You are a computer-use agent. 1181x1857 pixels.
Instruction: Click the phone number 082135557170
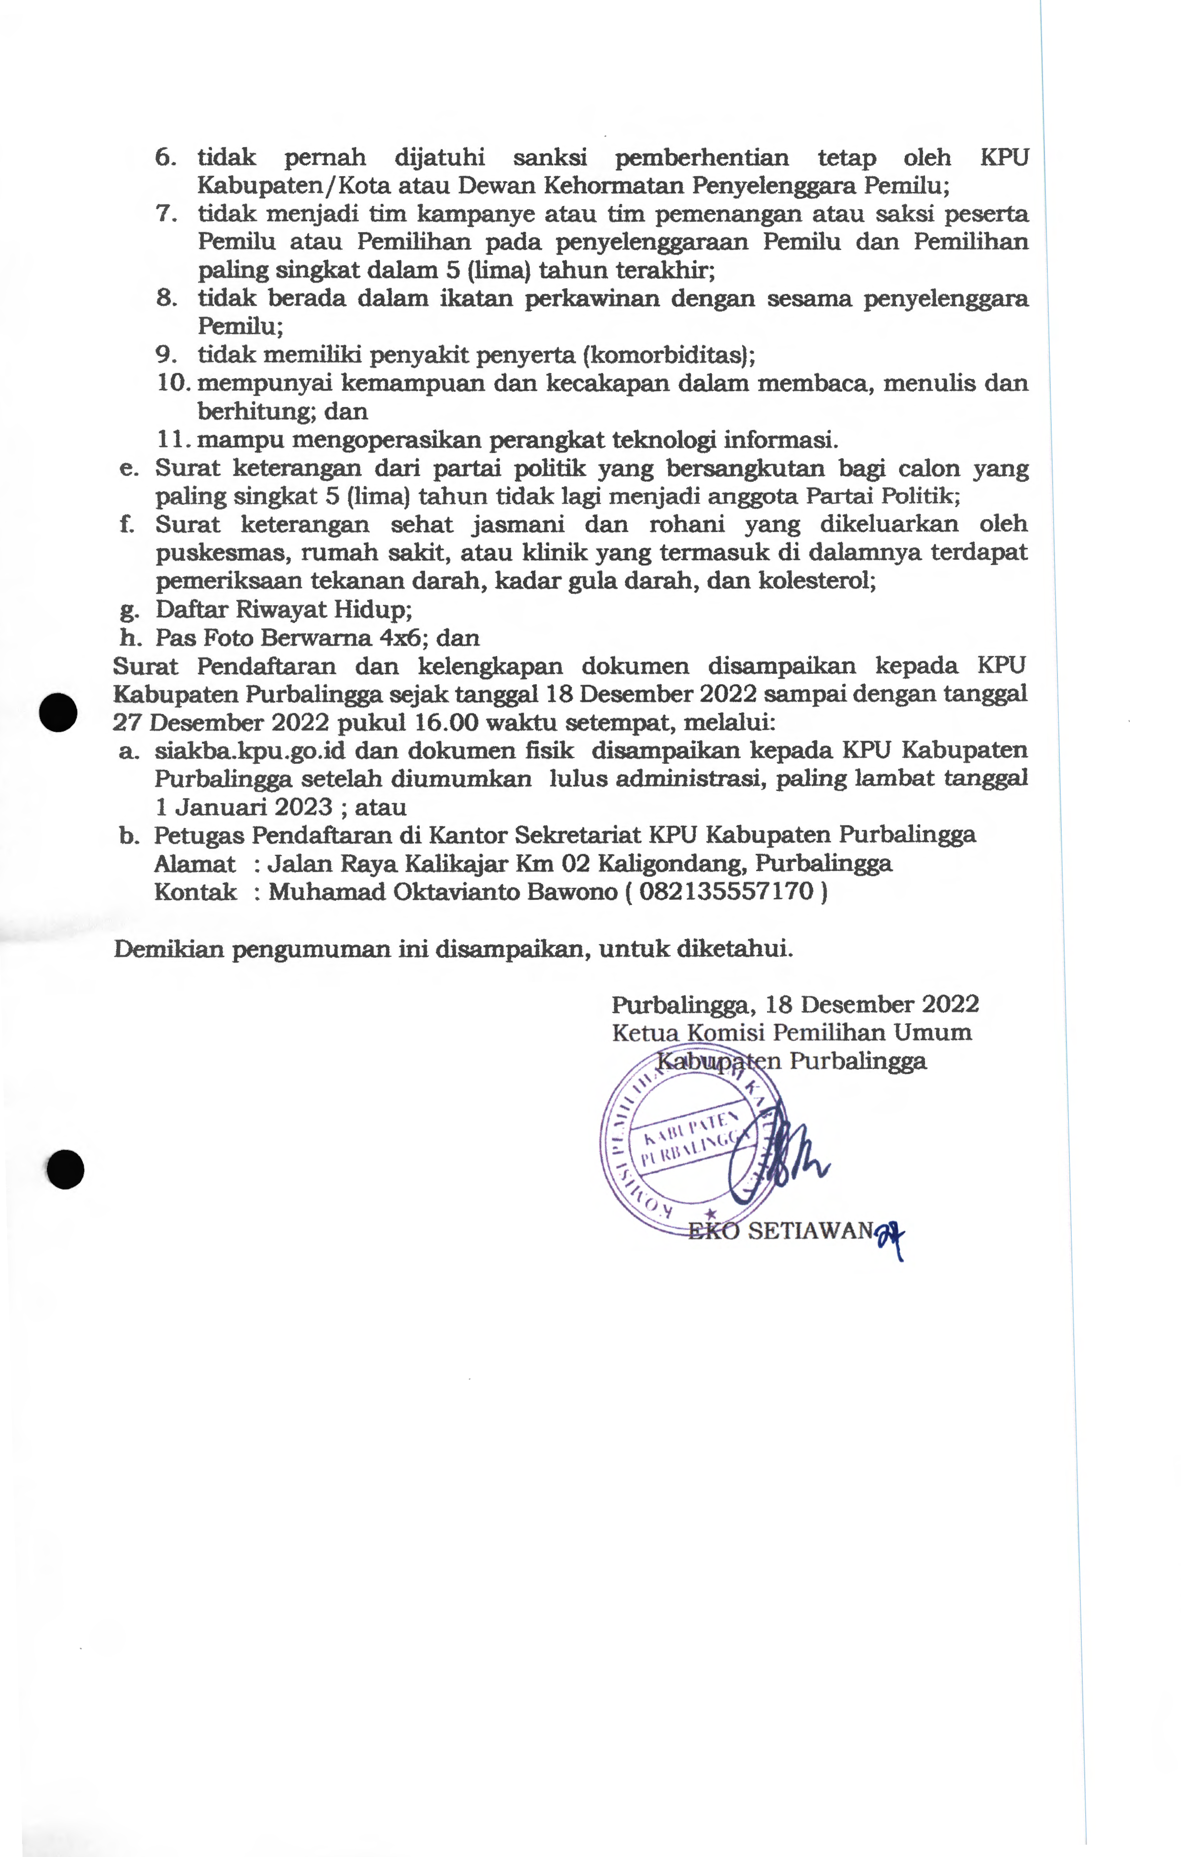tap(726, 892)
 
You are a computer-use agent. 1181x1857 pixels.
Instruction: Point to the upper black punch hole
tap(58, 712)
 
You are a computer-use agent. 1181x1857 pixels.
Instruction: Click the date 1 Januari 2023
tap(244, 807)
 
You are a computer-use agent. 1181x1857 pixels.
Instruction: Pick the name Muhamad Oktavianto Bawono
tap(443, 892)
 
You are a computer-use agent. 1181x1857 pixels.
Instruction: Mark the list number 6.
tap(165, 158)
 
